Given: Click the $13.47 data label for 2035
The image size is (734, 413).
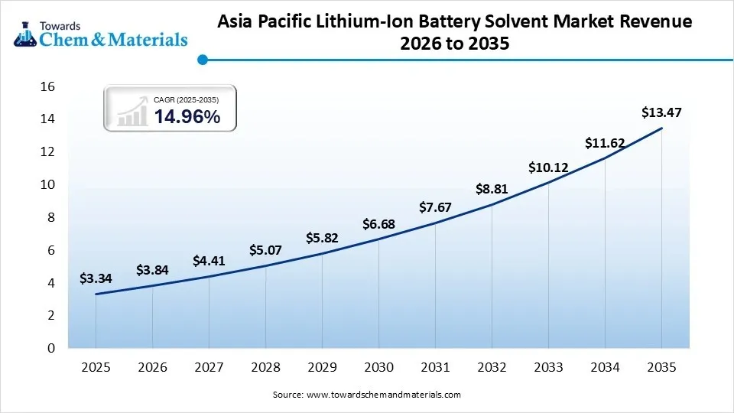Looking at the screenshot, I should click(661, 113).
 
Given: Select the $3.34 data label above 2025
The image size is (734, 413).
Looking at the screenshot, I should click(96, 279).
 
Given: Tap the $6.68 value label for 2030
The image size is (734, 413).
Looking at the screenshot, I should click(378, 224).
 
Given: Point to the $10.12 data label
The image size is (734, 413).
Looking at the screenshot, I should click(548, 167).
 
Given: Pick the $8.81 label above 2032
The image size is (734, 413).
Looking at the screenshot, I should click(492, 189).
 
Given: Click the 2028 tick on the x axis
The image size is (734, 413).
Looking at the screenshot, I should click(265, 367).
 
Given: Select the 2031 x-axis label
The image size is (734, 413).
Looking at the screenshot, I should click(435, 367).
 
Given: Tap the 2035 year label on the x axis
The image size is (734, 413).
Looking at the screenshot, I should click(661, 367).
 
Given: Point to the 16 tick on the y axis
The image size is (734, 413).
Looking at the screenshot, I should click(47, 87).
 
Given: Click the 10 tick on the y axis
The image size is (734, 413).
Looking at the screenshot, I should click(47, 185).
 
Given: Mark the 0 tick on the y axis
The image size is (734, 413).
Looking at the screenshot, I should click(51, 348).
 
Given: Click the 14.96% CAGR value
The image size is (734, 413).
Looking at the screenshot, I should click(187, 117).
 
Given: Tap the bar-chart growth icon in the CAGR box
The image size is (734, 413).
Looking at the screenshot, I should click(132, 112).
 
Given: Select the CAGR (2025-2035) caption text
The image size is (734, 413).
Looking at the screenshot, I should click(186, 99).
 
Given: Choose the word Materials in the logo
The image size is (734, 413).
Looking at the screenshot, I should click(150, 40).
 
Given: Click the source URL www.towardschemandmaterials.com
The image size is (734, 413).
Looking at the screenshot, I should click(383, 395).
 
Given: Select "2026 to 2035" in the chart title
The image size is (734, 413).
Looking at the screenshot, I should click(455, 45).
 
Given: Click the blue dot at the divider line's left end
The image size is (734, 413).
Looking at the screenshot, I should click(202, 59).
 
